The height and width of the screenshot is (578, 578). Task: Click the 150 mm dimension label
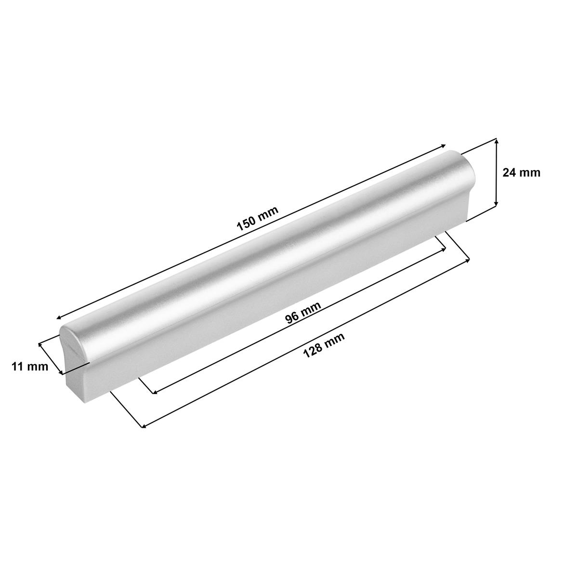pyautogui.click(x=258, y=218)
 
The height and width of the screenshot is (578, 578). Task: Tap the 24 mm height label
pyautogui.click(x=521, y=173)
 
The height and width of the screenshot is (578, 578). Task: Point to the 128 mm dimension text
pyautogui.click(x=324, y=346)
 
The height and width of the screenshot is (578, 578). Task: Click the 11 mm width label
pyautogui.click(x=30, y=367)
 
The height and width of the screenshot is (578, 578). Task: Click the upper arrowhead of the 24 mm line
pyautogui.click(x=496, y=141)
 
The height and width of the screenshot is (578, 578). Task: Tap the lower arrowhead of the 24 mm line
pyautogui.click(x=496, y=204)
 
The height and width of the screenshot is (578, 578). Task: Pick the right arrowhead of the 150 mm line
pyautogui.click(x=443, y=146)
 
